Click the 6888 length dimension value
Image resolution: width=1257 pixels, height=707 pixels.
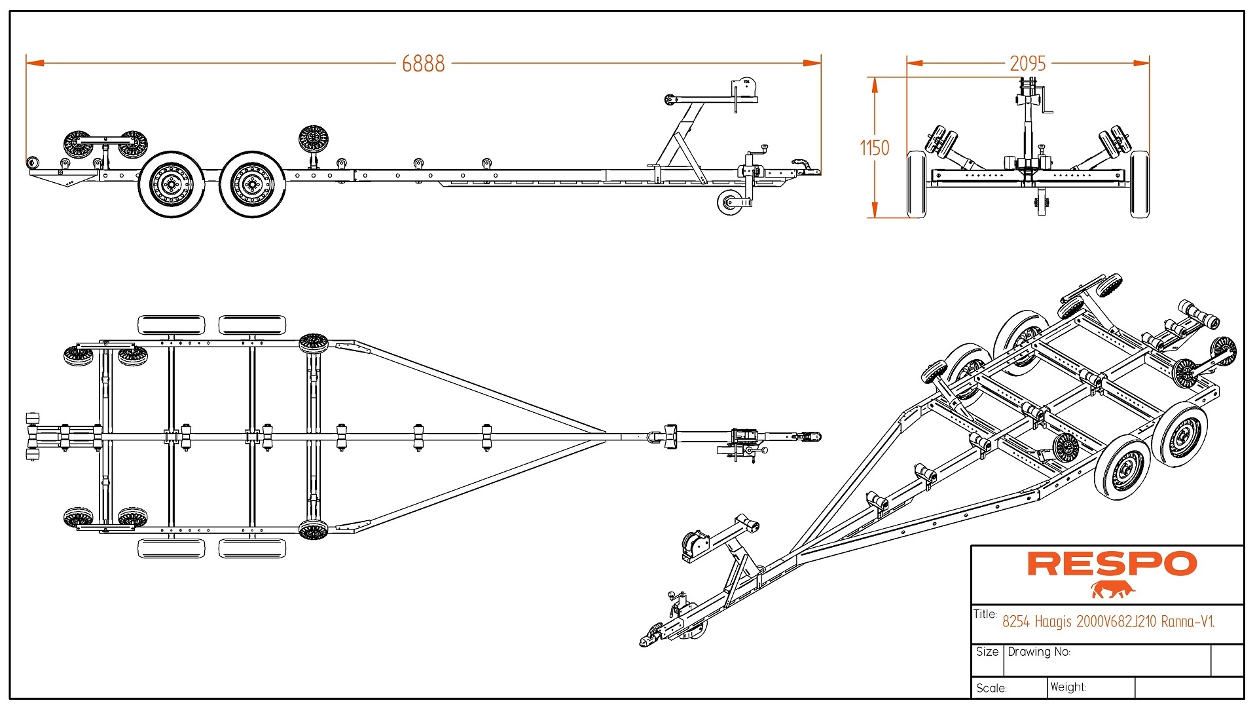pyautogui.click(x=423, y=64)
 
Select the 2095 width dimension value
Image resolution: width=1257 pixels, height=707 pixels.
pyautogui.click(x=1027, y=64)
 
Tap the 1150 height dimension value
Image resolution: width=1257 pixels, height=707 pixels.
pyautogui.click(x=875, y=148)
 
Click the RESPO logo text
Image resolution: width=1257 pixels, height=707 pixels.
pyautogui.click(x=1112, y=564)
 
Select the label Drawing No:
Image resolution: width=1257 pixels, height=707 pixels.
pyautogui.click(x=1039, y=652)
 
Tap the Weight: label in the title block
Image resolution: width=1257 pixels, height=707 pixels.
pyautogui.click(x=1068, y=687)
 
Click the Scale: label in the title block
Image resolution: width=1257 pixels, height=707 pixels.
pyautogui.click(x=991, y=688)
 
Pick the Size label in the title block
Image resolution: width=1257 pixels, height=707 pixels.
pyautogui.click(x=987, y=652)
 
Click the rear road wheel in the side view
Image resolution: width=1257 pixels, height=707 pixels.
pyautogui.click(x=172, y=185)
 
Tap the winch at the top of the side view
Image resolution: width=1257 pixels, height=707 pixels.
pyautogui.click(x=745, y=88)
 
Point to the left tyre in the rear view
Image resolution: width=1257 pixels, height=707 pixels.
pyautogui.click(x=917, y=184)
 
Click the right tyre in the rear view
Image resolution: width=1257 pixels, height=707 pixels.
pyautogui.click(x=1139, y=184)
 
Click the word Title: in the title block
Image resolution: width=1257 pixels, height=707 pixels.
pyautogui.click(x=985, y=614)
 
